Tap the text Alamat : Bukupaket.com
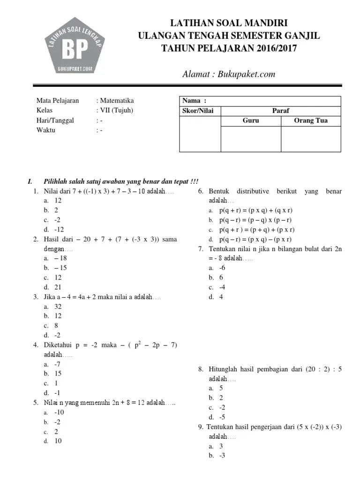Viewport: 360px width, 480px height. click(x=228, y=74)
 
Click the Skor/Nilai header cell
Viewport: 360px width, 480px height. click(x=200, y=111)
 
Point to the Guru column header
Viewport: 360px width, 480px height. click(x=250, y=120)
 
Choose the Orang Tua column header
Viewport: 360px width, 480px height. click(x=310, y=120)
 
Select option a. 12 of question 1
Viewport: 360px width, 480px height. click(x=54, y=201)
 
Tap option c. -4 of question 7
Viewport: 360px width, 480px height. click(x=218, y=287)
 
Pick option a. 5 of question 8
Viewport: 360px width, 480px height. click(x=217, y=388)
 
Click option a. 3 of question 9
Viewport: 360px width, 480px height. click(x=217, y=446)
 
